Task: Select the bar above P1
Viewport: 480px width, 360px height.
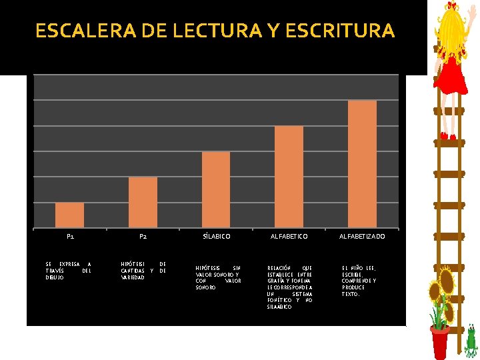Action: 69,215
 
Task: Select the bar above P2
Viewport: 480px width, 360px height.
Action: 143,202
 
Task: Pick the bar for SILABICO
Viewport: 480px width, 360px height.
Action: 216,189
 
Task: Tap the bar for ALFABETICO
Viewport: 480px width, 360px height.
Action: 289,177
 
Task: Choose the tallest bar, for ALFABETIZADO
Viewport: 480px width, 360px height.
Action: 362,164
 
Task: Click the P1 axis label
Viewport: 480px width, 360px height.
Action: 70,237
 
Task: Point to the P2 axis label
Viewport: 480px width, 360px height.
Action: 143,237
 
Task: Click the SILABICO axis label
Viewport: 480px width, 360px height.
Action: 216,237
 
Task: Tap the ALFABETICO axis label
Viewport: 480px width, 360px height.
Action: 289,237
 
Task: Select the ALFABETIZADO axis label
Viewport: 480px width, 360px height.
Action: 362,237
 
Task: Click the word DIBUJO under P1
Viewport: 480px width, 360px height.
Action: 55,277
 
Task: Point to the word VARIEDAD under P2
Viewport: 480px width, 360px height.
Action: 133,277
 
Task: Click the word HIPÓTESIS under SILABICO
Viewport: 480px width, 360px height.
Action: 207,268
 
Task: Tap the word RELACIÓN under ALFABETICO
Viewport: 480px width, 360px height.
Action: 279,268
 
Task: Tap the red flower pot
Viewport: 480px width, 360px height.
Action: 439,343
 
